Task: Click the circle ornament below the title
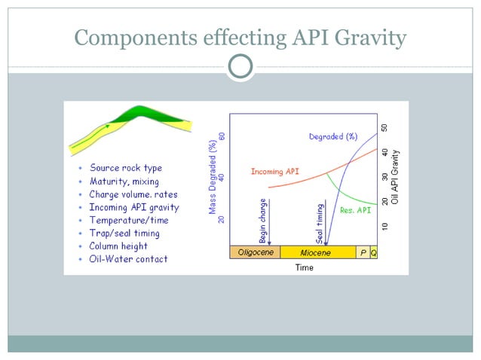240,67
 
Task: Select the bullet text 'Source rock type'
125,168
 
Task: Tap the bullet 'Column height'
118,246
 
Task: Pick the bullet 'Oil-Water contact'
128,259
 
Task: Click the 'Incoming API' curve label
274,172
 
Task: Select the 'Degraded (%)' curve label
333,136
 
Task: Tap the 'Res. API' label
355,211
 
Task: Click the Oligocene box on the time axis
255,252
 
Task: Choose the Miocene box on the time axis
316,252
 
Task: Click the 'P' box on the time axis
363,252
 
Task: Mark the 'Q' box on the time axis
374,252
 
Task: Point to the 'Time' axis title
304,267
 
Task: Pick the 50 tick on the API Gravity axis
384,129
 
